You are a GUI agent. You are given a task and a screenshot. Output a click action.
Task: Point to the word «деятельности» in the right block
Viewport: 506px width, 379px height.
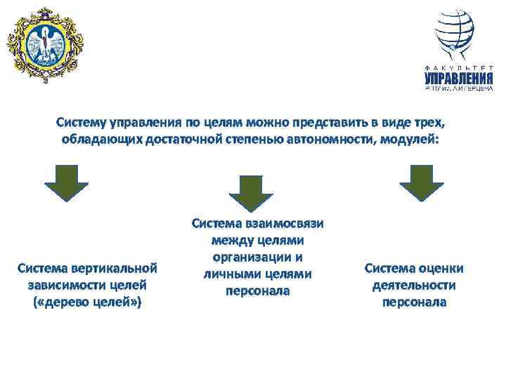415,286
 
